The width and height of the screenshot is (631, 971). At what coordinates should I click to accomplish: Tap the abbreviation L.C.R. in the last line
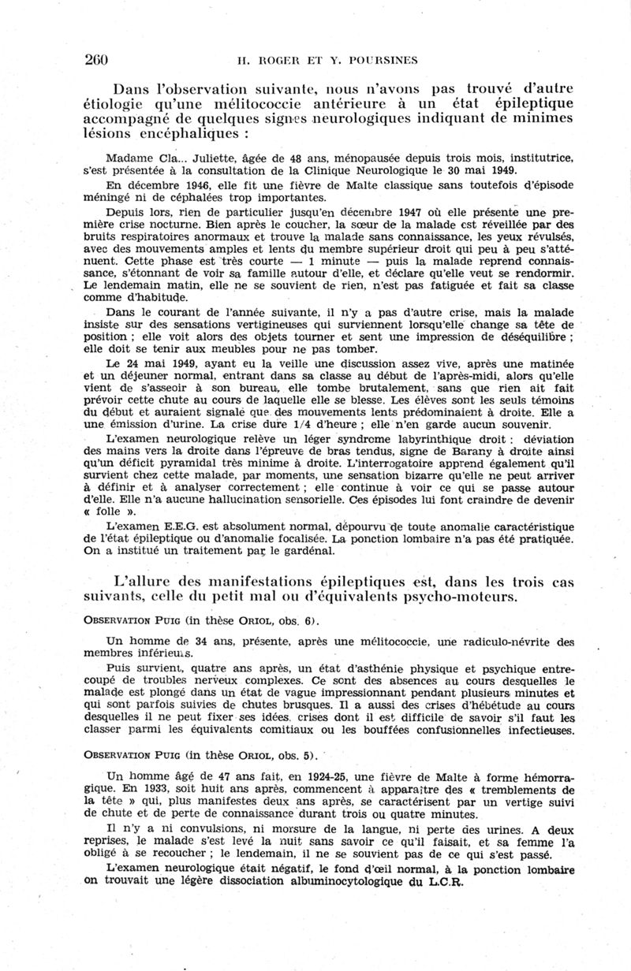442,883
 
